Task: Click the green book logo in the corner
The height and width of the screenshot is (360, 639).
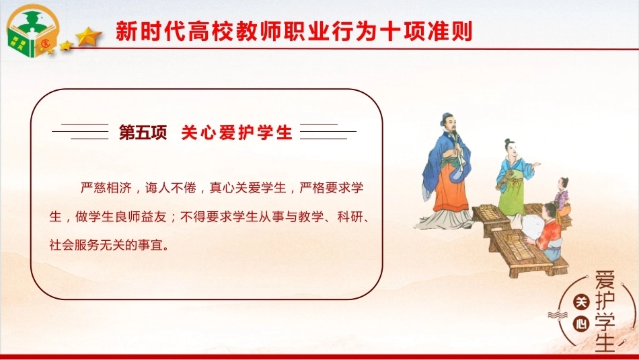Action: [32, 31]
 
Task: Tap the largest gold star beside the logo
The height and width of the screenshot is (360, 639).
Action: [88, 37]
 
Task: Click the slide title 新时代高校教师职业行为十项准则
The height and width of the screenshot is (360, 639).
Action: [294, 32]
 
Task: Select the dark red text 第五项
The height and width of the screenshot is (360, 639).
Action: [143, 133]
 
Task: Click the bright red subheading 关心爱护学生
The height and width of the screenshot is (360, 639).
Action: [237, 133]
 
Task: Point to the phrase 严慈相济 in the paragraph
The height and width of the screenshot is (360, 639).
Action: [106, 188]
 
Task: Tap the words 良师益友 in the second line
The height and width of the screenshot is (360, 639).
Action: [141, 217]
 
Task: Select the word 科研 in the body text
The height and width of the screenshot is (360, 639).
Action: [350, 217]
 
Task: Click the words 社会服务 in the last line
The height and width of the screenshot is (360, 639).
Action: [75, 245]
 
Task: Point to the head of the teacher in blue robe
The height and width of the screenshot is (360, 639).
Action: [448, 122]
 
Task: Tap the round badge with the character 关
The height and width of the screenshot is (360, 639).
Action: [581, 302]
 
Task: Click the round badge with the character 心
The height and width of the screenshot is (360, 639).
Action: [581, 324]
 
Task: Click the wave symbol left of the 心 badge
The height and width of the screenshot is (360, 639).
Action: [558, 315]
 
